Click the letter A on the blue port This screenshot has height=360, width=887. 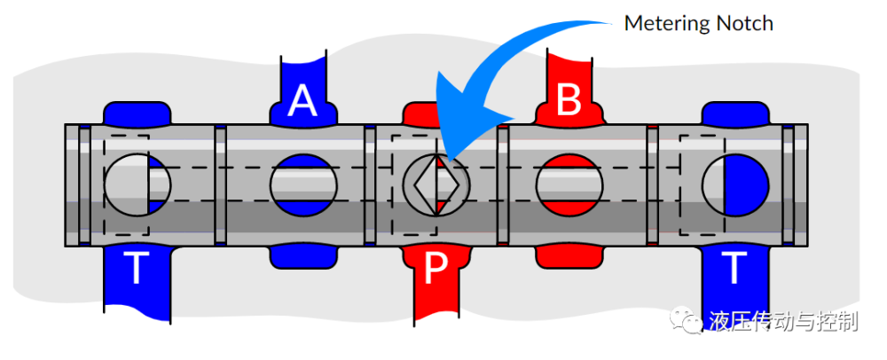point(303,102)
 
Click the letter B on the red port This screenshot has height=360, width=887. point(569,100)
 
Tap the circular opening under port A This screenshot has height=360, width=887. point(303,185)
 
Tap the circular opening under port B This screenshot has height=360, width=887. point(569,185)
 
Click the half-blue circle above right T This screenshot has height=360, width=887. point(734,185)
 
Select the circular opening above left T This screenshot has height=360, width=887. point(137,185)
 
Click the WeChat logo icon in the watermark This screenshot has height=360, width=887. point(688,319)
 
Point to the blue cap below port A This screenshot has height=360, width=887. point(303,255)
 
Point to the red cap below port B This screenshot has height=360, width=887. point(569,255)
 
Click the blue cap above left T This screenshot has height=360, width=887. point(135,113)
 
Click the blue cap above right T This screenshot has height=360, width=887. point(734,113)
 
